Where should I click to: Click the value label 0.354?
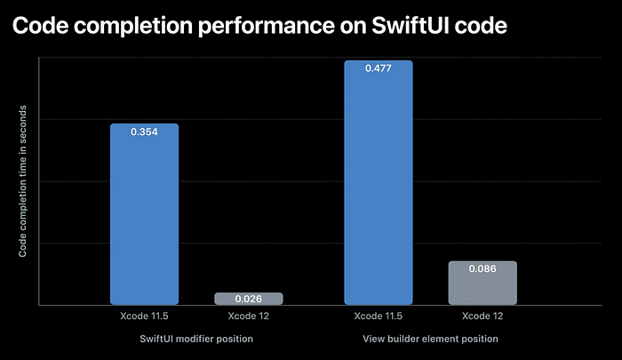click(x=144, y=132)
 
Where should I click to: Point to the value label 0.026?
click(x=249, y=299)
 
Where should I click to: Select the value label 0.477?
click(x=378, y=68)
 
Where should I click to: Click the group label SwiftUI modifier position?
click(x=196, y=340)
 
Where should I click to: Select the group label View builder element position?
click(x=430, y=340)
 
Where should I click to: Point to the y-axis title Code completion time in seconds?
click(x=23, y=181)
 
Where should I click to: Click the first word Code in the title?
click(x=41, y=26)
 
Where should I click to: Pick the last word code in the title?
click(x=481, y=26)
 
